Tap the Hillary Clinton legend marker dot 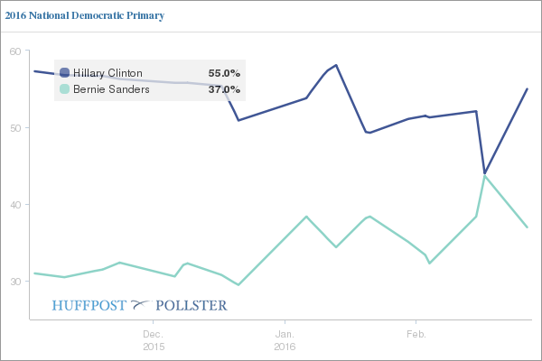coord(64,73)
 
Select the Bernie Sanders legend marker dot coord(64,89)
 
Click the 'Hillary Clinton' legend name coord(107,73)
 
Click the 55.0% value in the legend coord(224,73)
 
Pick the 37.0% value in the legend coord(224,89)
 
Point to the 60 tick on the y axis coord(15,51)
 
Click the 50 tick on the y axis coord(15,128)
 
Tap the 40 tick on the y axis coord(15,205)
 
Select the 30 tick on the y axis coord(15,282)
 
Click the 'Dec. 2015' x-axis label coord(154,340)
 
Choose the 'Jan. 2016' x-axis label coord(285,340)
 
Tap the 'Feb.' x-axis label coord(416,334)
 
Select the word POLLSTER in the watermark coord(192,305)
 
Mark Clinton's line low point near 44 coord(485,173)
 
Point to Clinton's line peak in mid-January coord(336,65)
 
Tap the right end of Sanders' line coord(527,227)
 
